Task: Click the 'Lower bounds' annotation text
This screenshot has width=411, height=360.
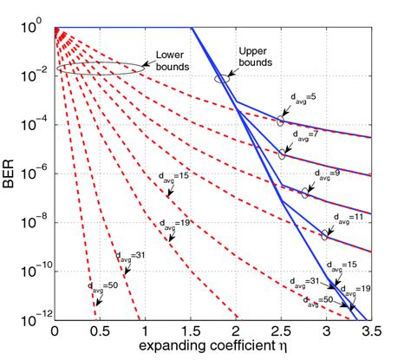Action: click(173, 59)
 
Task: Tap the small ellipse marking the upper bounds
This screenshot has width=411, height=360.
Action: click(223, 78)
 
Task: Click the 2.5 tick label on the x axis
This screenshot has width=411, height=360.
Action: click(280, 331)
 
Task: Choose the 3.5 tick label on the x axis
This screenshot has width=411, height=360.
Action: click(370, 331)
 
